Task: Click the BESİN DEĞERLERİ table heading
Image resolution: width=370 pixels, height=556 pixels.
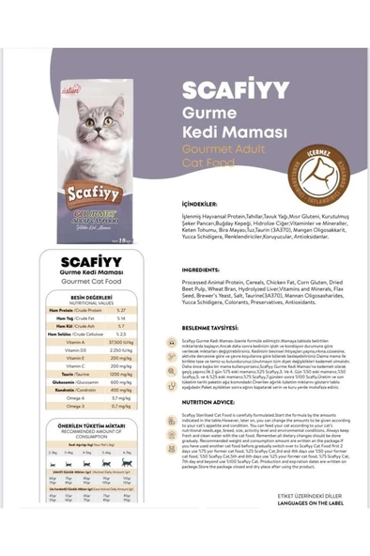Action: click(91, 296)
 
